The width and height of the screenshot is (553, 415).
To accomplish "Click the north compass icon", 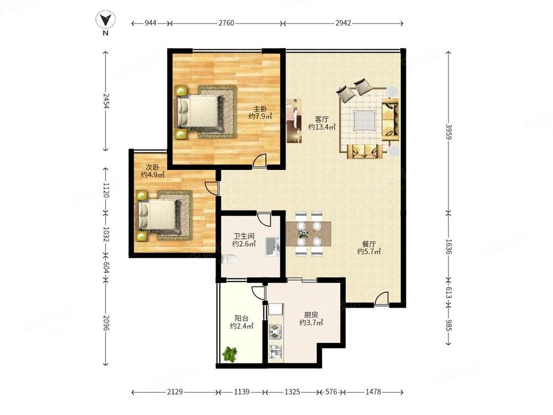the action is point(106,20).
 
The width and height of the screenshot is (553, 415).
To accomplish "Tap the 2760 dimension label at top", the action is point(226,23).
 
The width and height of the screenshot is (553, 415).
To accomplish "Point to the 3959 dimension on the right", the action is point(448,132).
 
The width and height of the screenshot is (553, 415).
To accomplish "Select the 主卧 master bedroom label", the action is point(260,109).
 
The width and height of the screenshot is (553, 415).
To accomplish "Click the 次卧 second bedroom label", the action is point(153,167).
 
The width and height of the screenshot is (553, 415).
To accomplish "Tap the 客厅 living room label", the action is point(322,120).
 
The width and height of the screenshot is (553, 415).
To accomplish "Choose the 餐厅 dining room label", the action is point(369,244).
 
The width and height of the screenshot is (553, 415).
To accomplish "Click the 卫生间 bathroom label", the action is point(244,236).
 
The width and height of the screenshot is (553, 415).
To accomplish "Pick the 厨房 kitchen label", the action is point(311,315).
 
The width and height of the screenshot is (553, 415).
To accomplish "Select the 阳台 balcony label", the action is point(242,318).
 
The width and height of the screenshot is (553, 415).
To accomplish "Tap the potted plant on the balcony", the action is point(230,354).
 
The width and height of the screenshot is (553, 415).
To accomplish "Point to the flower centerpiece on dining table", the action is point(302,234).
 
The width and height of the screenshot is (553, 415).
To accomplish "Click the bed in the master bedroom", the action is point(200,112).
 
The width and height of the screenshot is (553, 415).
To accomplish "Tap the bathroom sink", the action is point(272,247).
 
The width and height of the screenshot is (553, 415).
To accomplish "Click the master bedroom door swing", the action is point(259,160).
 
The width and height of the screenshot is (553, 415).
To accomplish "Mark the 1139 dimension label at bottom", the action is point(242,392).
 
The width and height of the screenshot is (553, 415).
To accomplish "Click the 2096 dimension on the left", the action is point(106,323).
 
